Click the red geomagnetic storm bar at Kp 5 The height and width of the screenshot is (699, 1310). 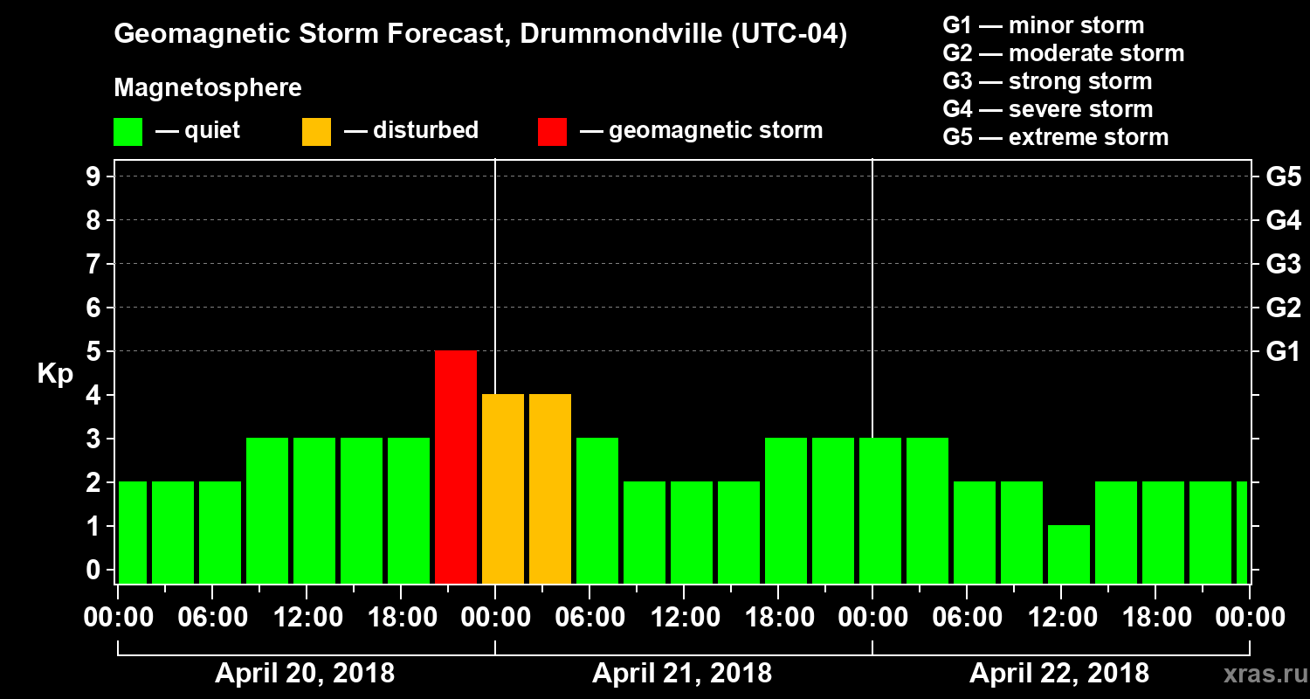click(x=456, y=467)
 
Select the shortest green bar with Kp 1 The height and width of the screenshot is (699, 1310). click(x=1069, y=554)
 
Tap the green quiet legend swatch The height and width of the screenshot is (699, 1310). click(x=128, y=131)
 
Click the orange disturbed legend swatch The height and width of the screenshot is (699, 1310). click(x=316, y=131)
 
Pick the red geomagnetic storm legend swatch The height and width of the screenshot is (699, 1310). click(x=552, y=131)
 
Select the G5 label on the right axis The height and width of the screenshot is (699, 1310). click(x=1283, y=176)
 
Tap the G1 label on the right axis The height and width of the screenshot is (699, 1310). click(x=1283, y=351)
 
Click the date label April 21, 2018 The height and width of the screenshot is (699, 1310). click(x=682, y=674)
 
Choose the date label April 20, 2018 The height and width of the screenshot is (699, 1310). click(x=305, y=674)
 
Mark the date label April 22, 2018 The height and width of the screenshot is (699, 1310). click(x=1059, y=674)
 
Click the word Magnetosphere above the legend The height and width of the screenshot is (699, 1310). click(x=208, y=88)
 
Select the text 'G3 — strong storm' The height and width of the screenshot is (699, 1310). click(x=1047, y=81)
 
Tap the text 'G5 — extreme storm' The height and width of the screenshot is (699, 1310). click(x=1055, y=137)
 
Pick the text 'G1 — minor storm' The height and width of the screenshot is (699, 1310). click(x=1043, y=25)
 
